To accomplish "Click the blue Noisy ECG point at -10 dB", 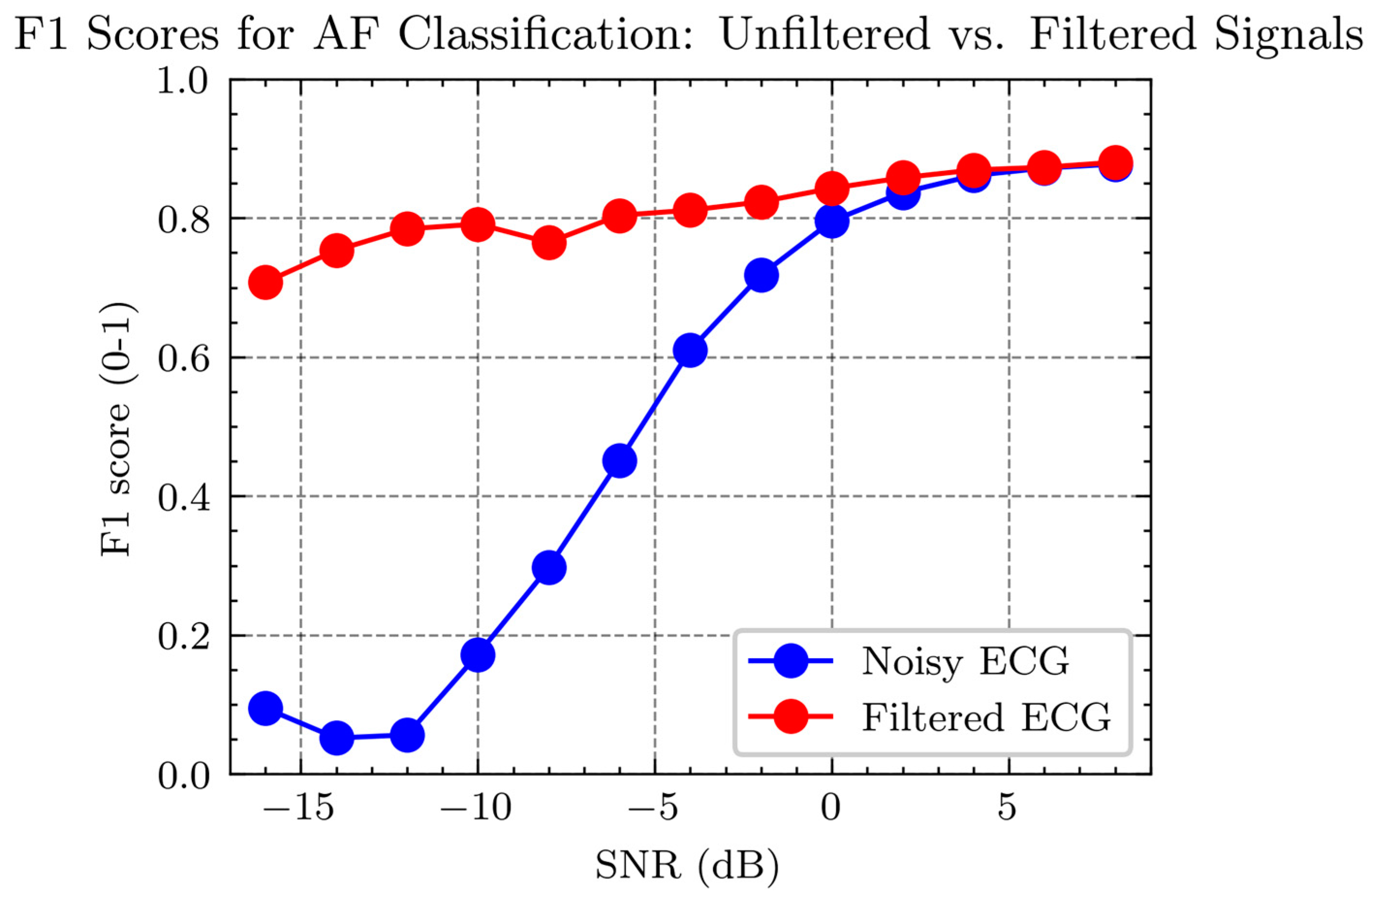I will (478, 654).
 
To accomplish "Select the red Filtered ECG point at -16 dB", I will (265, 283).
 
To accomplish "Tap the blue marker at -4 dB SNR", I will (690, 350).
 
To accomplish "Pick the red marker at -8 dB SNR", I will (548, 242).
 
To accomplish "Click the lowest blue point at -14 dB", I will (336, 738).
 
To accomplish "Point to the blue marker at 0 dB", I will (832, 221).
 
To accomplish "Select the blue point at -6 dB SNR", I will (619, 461).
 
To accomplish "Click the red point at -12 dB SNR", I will (407, 228).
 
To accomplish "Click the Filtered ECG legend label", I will (986, 717).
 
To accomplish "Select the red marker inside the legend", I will (790, 716).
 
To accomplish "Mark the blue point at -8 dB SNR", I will (548, 567).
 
